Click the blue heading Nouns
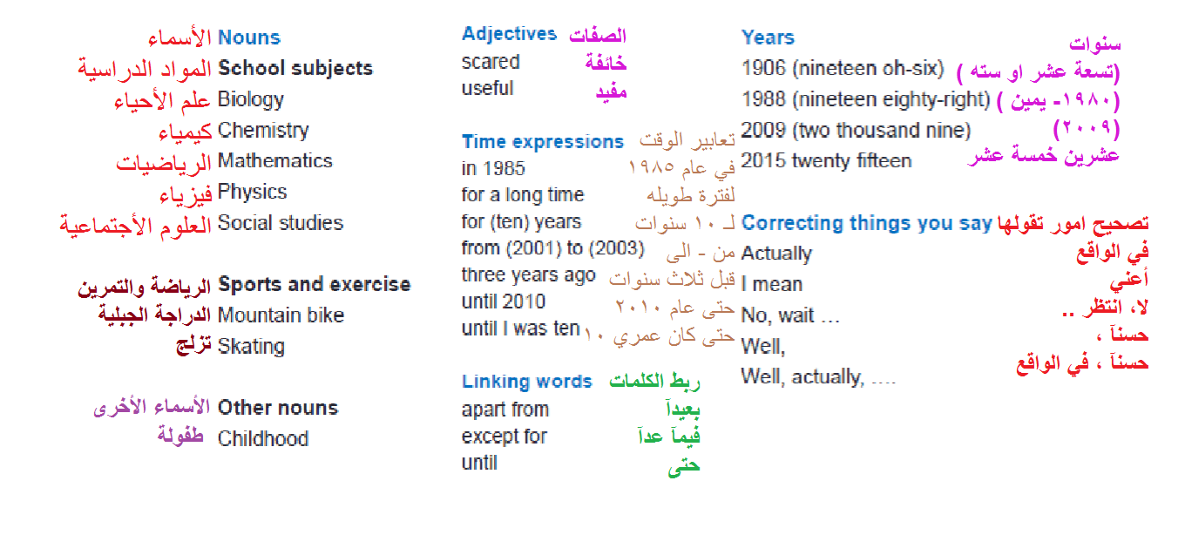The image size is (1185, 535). tap(249, 37)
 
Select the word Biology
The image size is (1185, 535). tap(251, 99)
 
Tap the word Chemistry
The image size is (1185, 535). tap(263, 131)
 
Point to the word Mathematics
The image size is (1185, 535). tap(275, 161)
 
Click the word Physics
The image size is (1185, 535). tap(253, 192)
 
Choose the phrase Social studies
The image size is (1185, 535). tap(281, 223)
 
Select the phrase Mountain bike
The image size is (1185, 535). tap(281, 315)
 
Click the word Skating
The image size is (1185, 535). tap(251, 347)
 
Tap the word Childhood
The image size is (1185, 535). tap(263, 438)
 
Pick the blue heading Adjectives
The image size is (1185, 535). tap(509, 34)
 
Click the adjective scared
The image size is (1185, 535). tap(491, 62)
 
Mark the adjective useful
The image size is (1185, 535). tap(487, 88)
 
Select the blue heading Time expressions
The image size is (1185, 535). tap(543, 142)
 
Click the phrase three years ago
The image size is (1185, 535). tap(529, 275)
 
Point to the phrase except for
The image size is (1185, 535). tap(504, 437)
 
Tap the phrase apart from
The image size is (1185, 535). tap(505, 410)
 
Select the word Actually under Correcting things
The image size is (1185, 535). tap(776, 254)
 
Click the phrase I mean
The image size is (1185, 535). tap(772, 285)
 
